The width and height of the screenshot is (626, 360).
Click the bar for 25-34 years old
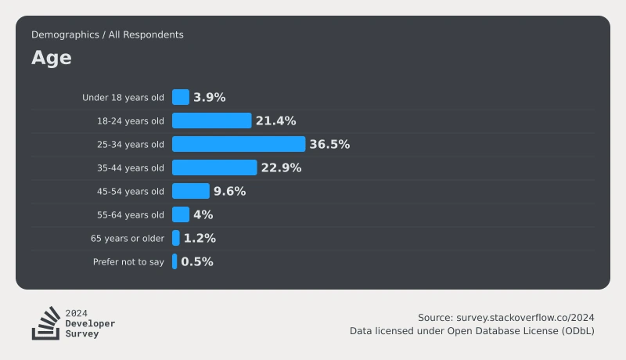pos(239,144)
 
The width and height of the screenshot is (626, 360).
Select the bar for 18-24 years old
pos(211,121)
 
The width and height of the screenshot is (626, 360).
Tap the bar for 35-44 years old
pos(214,167)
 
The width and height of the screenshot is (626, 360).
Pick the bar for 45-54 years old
pos(191,191)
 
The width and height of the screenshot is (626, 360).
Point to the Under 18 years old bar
pos(181,97)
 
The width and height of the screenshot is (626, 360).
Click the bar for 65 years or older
pos(175,238)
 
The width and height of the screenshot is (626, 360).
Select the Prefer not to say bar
pos(174,261)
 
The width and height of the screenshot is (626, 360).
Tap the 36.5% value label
pos(329,144)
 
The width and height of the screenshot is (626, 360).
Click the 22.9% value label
pos(281,167)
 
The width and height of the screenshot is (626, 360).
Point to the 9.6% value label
pos(229,191)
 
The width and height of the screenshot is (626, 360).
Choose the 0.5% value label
pos(197,261)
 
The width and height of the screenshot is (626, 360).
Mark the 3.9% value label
pos(210,97)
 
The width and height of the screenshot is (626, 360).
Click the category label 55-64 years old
pos(131,214)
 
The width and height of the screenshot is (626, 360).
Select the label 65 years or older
pos(128,238)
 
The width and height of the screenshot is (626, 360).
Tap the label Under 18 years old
pos(123,97)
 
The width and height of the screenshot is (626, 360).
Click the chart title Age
pos(52,58)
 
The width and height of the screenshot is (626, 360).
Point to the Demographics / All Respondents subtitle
pos(107,34)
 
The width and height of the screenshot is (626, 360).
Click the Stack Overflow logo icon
pos(46,323)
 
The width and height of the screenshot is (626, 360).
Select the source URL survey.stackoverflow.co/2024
pos(525,318)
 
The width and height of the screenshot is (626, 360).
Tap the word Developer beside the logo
pos(90,323)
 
